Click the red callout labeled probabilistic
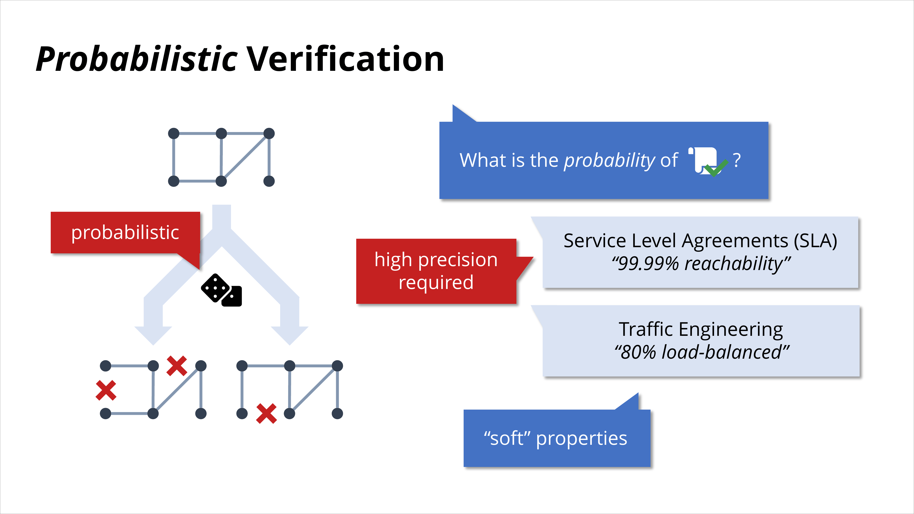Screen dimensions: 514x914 coord(125,233)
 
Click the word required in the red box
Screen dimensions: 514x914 coord(436,282)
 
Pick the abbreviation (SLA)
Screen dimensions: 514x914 coord(815,241)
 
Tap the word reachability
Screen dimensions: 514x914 coord(733,264)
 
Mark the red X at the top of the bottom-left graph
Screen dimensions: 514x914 coord(177,366)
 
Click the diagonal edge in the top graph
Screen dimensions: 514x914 coord(245,157)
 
